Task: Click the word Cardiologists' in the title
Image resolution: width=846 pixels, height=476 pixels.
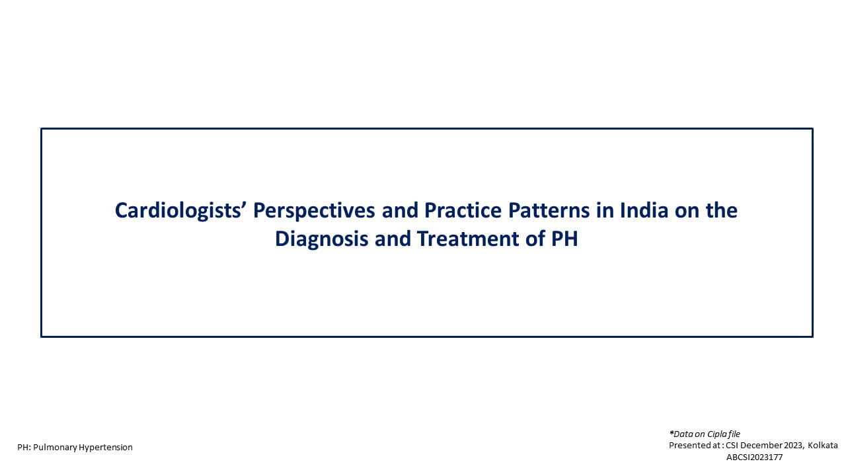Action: pyautogui.click(x=178, y=211)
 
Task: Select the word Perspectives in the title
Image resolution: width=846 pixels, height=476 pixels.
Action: pyautogui.click(x=314, y=211)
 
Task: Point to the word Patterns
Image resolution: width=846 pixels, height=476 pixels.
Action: pyautogui.click(x=549, y=210)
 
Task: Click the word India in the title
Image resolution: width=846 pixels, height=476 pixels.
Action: pyautogui.click(x=644, y=210)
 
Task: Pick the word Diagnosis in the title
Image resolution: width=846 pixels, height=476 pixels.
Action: pyautogui.click(x=321, y=239)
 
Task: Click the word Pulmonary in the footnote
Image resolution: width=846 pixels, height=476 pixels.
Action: pyautogui.click(x=55, y=448)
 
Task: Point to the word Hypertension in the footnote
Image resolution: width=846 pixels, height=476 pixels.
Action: pyautogui.click(x=106, y=448)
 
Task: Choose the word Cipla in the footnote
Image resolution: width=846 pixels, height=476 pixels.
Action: pyautogui.click(x=717, y=434)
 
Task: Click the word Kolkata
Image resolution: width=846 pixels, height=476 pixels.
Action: pyautogui.click(x=823, y=446)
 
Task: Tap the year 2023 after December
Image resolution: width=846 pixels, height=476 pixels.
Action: pyautogui.click(x=793, y=446)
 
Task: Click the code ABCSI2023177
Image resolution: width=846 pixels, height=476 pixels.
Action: pyautogui.click(x=755, y=457)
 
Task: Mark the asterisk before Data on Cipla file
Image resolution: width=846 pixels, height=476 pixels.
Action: pyautogui.click(x=671, y=432)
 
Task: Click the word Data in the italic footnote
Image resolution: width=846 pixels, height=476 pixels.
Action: pyautogui.click(x=683, y=434)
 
